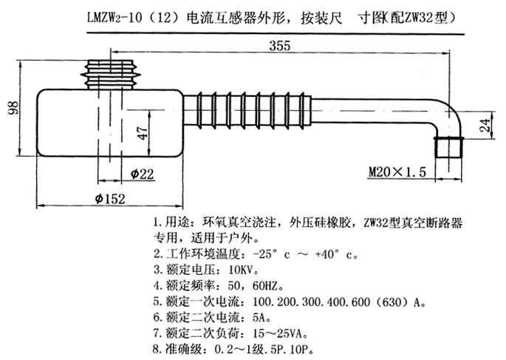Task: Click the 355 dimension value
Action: click(x=280, y=46)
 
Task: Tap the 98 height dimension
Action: click(x=13, y=108)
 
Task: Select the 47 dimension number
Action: click(x=143, y=133)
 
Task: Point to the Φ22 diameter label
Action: click(x=142, y=174)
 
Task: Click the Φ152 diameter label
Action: click(x=110, y=198)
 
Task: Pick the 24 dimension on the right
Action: click(x=485, y=125)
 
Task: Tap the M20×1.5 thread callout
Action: click(x=397, y=172)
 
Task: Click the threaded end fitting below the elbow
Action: click(x=448, y=148)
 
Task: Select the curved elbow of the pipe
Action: click(x=451, y=114)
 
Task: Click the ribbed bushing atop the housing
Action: click(x=110, y=74)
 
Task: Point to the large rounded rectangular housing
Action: click(x=110, y=123)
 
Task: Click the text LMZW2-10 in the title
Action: click(x=114, y=18)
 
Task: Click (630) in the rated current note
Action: click(x=392, y=302)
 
